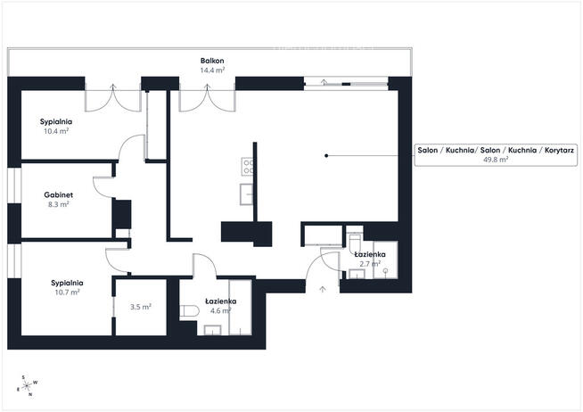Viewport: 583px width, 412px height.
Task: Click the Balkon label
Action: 211,61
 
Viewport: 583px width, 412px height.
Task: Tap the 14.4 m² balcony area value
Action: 211,70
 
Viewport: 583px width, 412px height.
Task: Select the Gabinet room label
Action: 57,194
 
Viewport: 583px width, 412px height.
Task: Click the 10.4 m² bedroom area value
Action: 56,130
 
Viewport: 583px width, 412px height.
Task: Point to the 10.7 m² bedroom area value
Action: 68,292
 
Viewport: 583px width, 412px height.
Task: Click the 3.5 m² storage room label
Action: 140,307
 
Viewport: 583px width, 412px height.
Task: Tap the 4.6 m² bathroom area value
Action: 220,311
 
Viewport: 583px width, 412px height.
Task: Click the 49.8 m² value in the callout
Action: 496,161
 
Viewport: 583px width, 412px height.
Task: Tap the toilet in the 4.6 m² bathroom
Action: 187,310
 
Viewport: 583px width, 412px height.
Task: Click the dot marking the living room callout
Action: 326,156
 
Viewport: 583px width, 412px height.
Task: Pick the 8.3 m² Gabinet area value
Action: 57,204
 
